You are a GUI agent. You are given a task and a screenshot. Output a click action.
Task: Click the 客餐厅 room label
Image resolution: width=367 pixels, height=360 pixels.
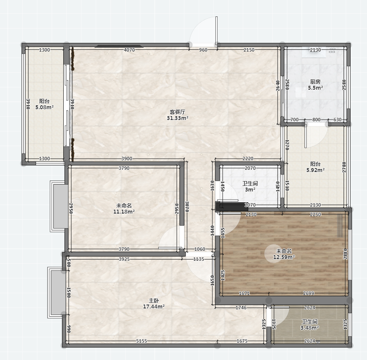point(177,112)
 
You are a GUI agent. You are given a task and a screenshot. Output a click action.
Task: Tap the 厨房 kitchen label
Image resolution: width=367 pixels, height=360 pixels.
point(315,82)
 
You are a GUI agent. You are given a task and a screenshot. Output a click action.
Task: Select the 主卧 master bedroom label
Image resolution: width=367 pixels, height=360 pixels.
point(154,301)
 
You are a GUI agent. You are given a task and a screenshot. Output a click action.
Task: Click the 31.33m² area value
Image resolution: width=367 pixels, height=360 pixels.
point(178,118)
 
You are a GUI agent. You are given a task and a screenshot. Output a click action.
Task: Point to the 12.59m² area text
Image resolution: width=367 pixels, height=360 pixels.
point(284,257)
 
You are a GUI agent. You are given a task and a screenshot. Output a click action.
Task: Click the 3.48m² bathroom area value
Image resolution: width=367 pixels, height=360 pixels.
point(309,328)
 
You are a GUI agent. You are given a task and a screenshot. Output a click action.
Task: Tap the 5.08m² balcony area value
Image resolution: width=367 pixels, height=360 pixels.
point(45,107)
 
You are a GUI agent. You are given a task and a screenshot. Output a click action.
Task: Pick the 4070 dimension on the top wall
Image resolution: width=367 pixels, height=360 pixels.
point(129,50)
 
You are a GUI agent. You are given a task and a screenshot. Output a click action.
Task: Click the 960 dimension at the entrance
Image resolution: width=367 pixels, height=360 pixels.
point(203,50)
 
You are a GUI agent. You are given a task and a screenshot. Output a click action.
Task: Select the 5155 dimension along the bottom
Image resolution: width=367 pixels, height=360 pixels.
point(142,341)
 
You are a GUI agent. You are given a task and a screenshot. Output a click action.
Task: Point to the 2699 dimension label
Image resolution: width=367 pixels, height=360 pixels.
point(309,293)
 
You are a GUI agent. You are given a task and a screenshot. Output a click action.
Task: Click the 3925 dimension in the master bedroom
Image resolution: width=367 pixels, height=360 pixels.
point(124,259)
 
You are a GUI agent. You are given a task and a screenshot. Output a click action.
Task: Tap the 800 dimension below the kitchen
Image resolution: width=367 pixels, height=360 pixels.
point(316,120)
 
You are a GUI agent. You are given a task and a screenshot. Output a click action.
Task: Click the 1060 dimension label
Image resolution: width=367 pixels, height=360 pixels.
point(200,249)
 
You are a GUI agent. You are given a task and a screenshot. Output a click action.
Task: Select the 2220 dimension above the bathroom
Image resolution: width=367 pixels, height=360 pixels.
point(248,159)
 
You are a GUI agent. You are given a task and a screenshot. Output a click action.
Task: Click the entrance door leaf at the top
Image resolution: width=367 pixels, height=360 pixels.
point(217,30)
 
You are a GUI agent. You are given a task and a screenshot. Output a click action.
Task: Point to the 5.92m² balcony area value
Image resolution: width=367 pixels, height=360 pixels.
point(315,170)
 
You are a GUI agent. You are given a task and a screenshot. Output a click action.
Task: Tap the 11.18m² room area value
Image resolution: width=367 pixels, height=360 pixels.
point(124,211)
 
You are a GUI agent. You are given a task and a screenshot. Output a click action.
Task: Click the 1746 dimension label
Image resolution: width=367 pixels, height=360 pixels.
point(241,308)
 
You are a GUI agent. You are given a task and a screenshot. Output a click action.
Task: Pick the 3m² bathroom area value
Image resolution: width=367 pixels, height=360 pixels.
point(250,189)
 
